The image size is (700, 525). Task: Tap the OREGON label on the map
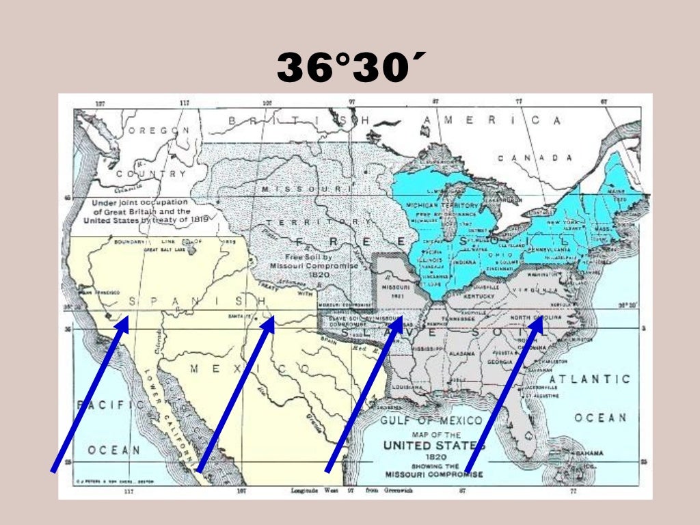click(157, 130)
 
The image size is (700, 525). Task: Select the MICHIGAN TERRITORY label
click(442, 205)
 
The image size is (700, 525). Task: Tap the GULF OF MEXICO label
click(431, 420)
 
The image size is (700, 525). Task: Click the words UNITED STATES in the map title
click(433, 446)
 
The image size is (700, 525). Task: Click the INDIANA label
click(467, 261)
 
